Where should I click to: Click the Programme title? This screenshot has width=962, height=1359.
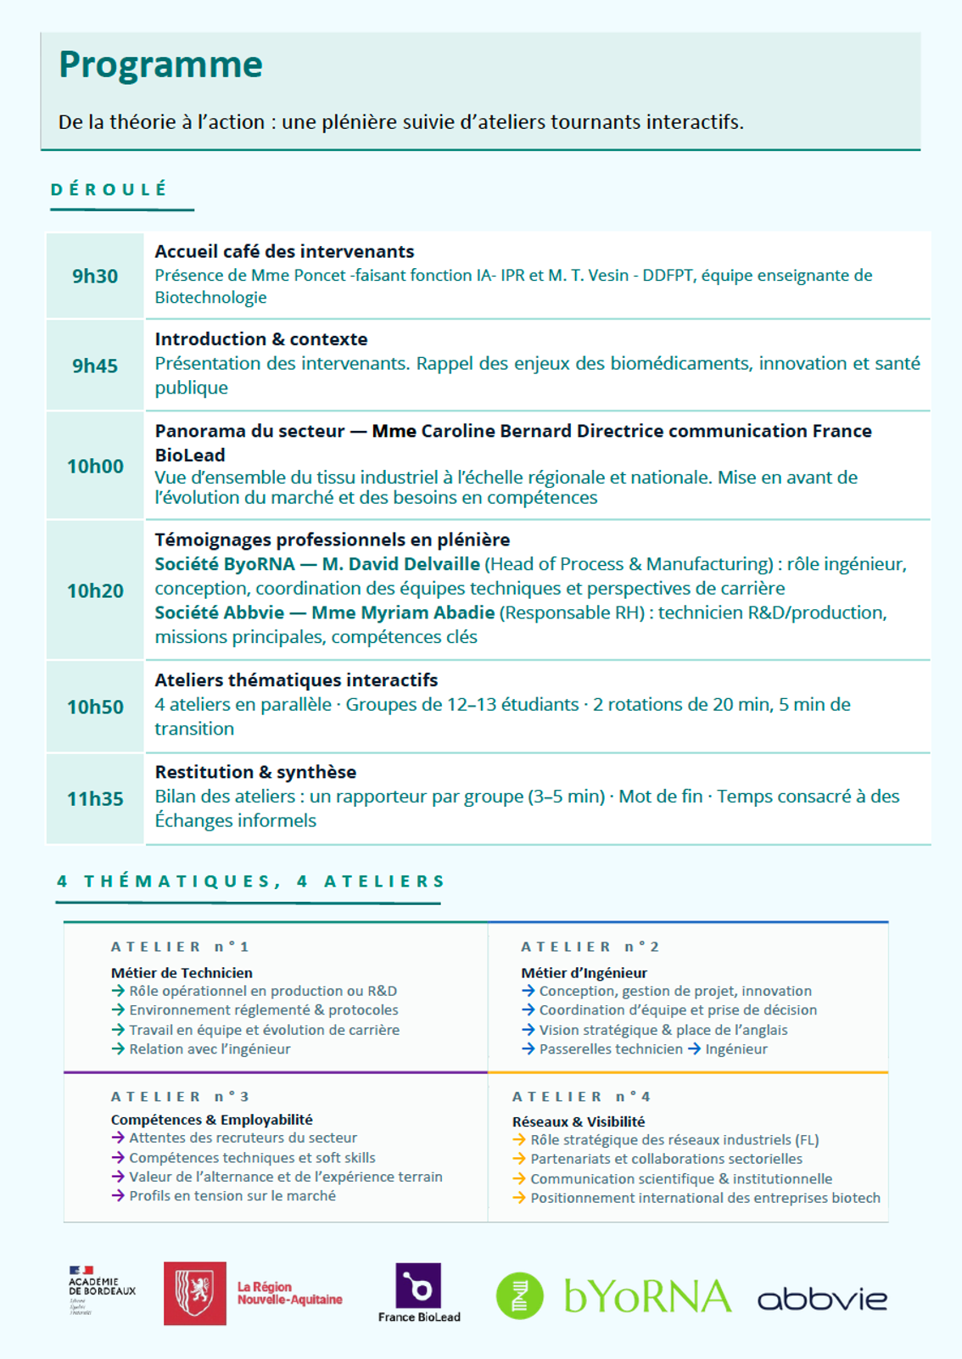[160, 65]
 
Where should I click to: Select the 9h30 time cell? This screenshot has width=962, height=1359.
[95, 276]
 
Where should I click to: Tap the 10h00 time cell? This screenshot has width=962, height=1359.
[95, 466]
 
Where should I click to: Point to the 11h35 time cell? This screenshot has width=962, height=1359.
[95, 798]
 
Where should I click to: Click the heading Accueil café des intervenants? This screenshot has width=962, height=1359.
[284, 251]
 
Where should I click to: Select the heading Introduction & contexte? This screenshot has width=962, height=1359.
[260, 339]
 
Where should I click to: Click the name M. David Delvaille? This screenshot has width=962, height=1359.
[400, 564]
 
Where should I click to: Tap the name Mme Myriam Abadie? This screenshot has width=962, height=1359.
[403, 612]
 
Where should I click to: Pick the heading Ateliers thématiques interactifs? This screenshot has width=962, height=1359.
[296, 679]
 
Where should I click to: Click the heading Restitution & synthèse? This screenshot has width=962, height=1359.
[255, 772]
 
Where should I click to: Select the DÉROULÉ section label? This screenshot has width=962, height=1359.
[109, 189]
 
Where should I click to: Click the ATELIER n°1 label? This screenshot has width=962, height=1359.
[180, 947]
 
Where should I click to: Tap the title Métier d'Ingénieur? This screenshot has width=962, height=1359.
[584, 973]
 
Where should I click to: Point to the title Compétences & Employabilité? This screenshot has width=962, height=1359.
[211, 1120]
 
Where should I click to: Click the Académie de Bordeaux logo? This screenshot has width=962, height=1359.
[101, 1289]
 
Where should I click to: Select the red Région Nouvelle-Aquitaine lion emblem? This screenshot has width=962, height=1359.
[195, 1293]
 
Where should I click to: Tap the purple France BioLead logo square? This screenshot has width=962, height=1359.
[418, 1286]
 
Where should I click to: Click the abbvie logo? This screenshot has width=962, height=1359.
[821, 1299]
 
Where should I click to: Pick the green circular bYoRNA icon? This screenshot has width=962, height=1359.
[519, 1295]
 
